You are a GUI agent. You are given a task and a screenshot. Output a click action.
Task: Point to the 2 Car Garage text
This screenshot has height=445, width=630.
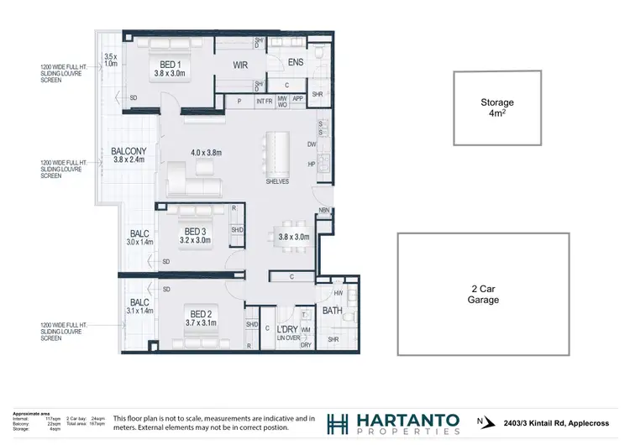point(484,294)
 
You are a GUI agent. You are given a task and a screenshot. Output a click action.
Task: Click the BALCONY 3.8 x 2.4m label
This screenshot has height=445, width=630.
point(129,155)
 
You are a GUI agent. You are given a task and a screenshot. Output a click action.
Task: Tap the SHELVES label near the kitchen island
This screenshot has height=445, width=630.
point(276,181)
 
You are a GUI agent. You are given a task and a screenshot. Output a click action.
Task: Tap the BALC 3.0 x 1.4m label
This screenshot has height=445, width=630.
point(139,238)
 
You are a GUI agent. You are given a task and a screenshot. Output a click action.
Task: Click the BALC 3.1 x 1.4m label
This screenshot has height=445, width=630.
point(139,306)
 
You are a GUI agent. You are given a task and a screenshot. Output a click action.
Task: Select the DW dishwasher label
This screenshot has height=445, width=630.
point(311,144)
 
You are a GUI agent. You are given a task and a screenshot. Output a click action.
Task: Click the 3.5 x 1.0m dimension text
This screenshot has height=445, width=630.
point(110,60)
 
